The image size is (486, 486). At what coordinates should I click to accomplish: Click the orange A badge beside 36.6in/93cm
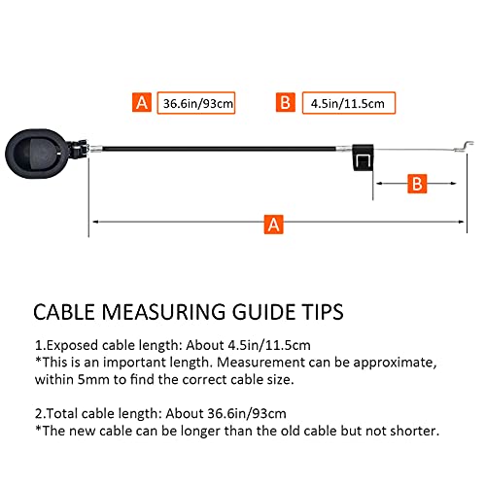(x=142, y=103)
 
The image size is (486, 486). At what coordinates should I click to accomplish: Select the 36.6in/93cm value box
(x=196, y=103)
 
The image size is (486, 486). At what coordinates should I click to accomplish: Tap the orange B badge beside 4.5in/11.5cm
(x=286, y=102)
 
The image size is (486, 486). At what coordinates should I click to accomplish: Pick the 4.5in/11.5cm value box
(x=349, y=103)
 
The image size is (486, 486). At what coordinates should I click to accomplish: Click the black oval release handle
(x=37, y=154)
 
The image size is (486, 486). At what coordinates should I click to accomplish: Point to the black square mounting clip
(x=363, y=157)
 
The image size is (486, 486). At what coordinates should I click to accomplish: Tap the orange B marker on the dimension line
(x=417, y=184)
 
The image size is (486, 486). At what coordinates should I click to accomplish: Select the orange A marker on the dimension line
(x=274, y=225)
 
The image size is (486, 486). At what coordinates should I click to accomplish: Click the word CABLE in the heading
(x=63, y=312)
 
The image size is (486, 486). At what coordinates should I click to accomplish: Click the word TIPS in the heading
(x=323, y=312)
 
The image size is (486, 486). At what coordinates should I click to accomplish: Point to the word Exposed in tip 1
(x=72, y=345)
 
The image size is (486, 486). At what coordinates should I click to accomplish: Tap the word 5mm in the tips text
(x=93, y=379)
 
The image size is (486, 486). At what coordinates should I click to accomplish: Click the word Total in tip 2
(x=62, y=413)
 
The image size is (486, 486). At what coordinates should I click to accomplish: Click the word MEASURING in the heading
(x=163, y=312)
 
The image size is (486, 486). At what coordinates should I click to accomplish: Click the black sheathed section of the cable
(x=219, y=149)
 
